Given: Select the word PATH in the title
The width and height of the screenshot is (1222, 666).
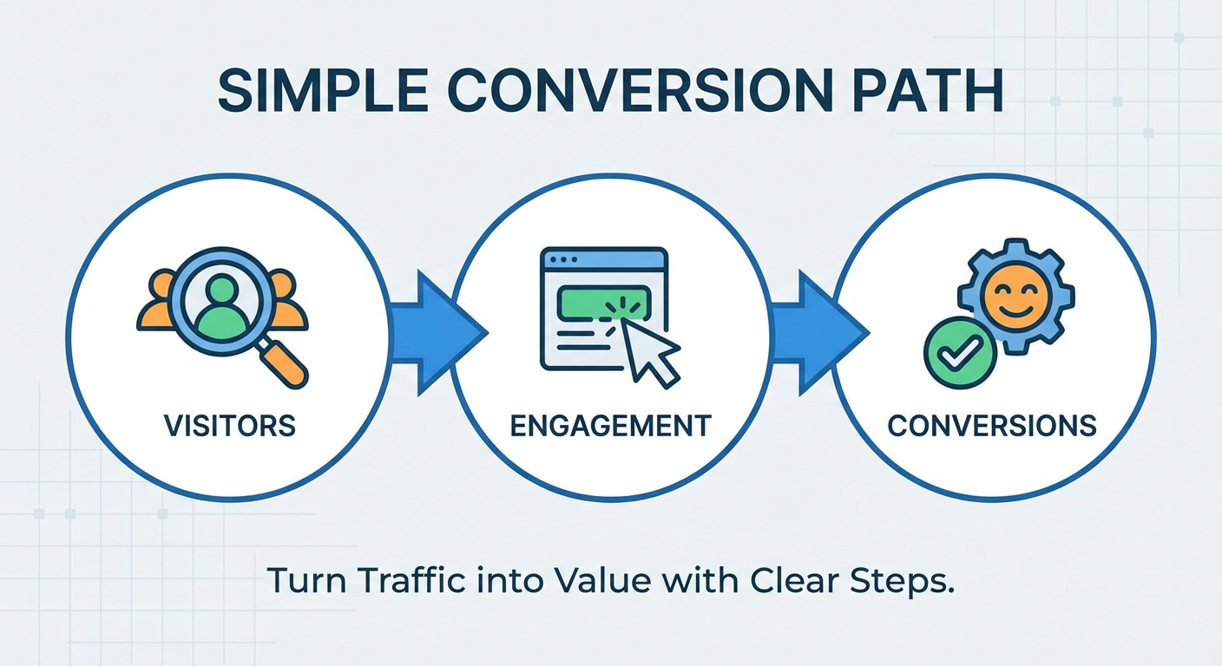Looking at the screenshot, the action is coord(923,90).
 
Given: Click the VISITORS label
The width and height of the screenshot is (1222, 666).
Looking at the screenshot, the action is coord(230,426).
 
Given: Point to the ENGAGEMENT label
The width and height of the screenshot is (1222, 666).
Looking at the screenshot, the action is coord(610,426).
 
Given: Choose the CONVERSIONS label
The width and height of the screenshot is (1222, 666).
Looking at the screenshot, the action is coord(992,426).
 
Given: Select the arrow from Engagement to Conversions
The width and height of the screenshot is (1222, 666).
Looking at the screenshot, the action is coord(819,332).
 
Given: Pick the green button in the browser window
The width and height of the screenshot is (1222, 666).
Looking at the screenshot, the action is coord(603,302).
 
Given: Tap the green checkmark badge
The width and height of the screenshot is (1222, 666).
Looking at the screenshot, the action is coord(960,352).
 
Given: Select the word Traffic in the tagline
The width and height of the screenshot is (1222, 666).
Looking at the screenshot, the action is coord(412,580).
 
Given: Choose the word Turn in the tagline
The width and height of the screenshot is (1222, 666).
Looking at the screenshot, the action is coord(306,580).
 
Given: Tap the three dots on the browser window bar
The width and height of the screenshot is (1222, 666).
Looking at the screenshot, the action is coord(563,259).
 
